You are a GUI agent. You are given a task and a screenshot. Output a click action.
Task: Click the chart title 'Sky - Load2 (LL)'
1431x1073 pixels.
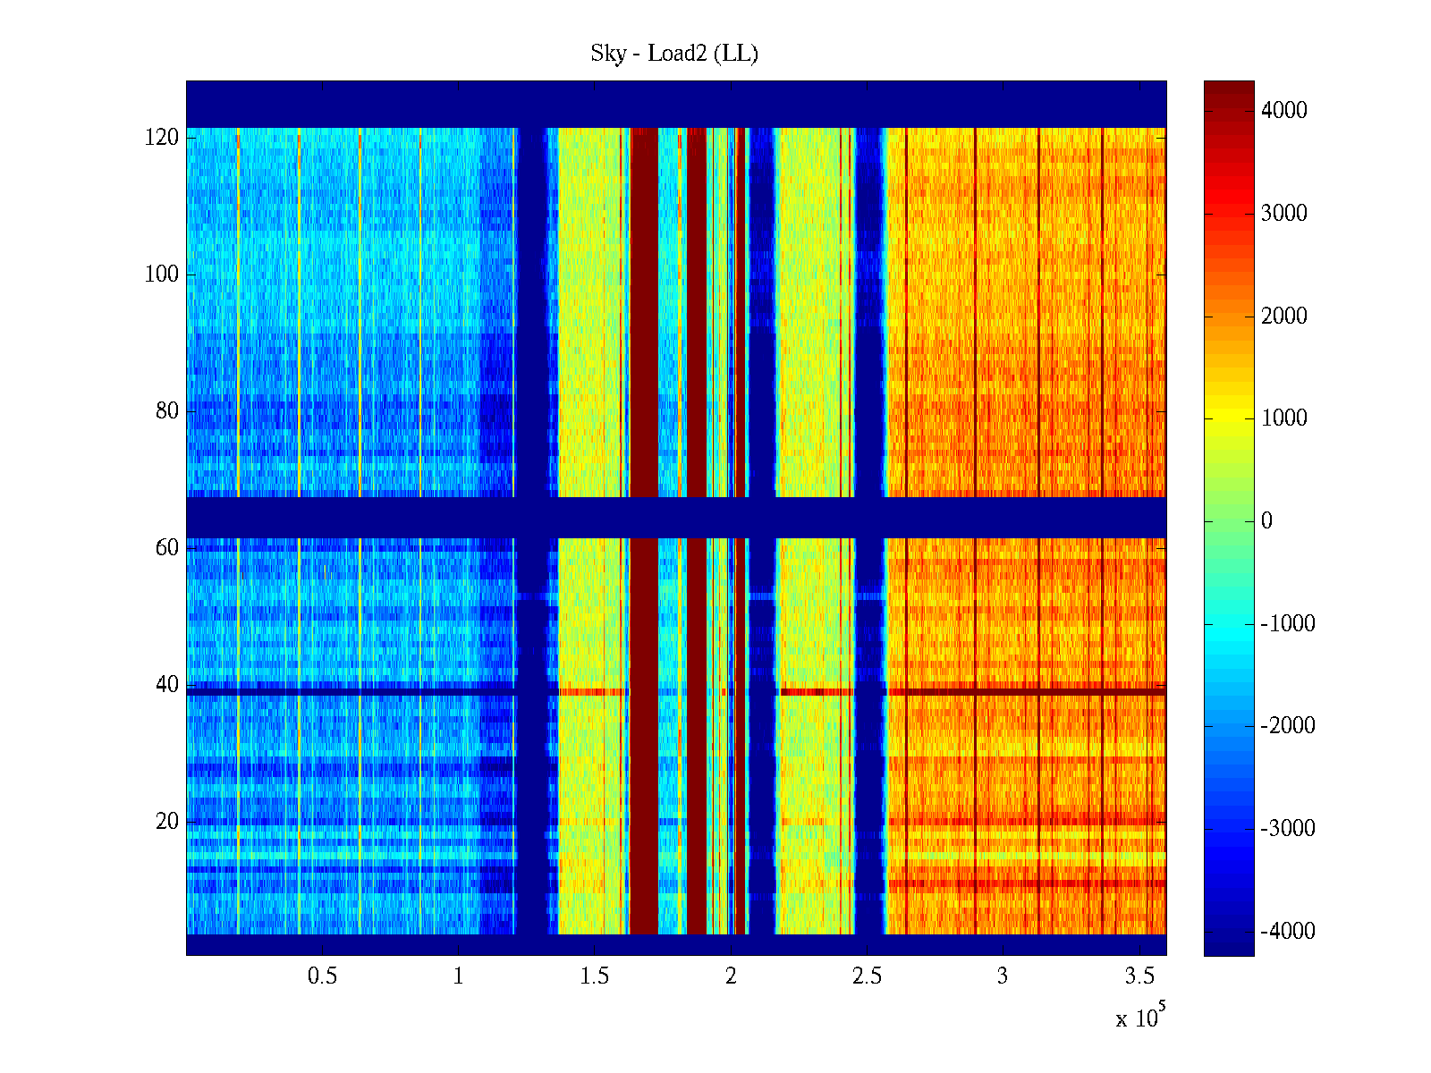pyautogui.click(x=674, y=54)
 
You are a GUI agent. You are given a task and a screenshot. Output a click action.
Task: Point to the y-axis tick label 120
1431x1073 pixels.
pyautogui.click(x=162, y=138)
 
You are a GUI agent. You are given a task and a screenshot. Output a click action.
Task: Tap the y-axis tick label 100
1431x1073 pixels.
pyautogui.click(x=162, y=275)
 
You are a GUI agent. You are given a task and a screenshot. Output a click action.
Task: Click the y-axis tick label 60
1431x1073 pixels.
pyautogui.click(x=167, y=548)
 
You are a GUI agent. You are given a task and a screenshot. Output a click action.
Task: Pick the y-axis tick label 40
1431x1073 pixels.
pyautogui.click(x=167, y=685)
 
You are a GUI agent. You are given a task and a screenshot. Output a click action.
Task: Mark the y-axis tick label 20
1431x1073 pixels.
pyautogui.click(x=167, y=822)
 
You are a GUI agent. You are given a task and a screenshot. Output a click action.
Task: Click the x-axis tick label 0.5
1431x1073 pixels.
pyautogui.click(x=322, y=976)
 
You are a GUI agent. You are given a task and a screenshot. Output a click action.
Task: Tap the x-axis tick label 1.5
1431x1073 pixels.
pyautogui.click(x=595, y=976)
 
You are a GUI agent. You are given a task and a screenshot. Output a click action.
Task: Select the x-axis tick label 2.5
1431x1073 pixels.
pyautogui.click(x=867, y=976)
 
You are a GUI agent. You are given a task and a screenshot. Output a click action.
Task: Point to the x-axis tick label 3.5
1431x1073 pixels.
pyautogui.click(x=1139, y=976)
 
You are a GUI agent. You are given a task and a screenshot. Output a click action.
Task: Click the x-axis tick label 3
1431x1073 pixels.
pyautogui.click(x=1003, y=976)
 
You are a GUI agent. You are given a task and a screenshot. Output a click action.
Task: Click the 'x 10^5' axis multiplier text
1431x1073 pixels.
pyautogui.click(x=1139, y=1017)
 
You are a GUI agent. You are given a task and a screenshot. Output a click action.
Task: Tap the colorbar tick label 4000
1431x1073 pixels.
pyautogui.click(x=1284, y=111)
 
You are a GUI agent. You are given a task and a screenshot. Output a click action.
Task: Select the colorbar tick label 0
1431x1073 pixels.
pyautogui.click(x=1266, y=521)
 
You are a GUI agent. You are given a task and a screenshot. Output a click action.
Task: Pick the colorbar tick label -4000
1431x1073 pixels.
pyautogui.click(x=1288, y=932)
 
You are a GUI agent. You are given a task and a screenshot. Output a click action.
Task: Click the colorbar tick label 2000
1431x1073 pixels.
pyautogui.click(x=1284, y=316)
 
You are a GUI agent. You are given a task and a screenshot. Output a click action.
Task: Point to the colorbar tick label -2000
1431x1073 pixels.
pyautogui.click(x=1288, y=726)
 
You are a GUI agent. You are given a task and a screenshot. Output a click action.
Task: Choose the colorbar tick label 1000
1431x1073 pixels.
pyautogui.click(x=1284, y=418)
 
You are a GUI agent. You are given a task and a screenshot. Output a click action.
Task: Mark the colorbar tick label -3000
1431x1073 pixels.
pyautogui.click(x=1288, y=829)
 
